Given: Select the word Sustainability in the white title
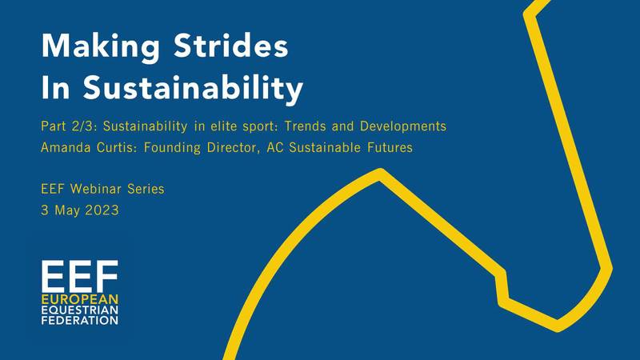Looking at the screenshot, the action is (x=193, y=88).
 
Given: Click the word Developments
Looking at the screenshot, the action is (x=403, y=127).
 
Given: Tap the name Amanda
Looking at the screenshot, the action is (x=66, y=147).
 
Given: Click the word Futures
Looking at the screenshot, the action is (x=390, y=147).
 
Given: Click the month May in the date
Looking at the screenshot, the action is (x=67, y=211).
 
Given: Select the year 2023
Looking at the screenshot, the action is (x=102, y=210).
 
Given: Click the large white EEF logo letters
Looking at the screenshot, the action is (x=79, y=276).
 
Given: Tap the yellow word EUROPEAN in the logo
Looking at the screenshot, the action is (x=79, y=299).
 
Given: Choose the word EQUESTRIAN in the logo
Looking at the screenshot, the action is (x=79, y=310).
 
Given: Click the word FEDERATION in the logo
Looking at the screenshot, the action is (x=79, y=320).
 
